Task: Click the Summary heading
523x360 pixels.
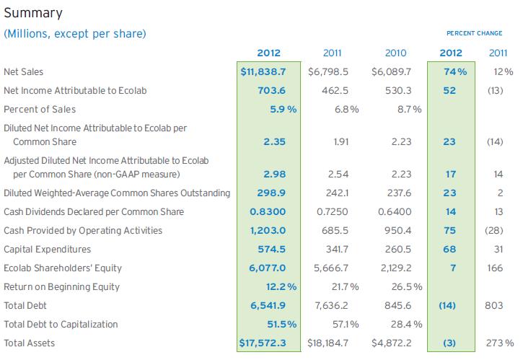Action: point(33,13)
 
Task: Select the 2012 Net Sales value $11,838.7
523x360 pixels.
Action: point(268,72)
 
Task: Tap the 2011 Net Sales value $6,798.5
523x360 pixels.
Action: point(333,72)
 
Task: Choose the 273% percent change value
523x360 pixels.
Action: point(499,343)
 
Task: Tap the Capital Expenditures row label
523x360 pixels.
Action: point(47,250)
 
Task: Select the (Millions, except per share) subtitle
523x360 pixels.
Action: point(75,34)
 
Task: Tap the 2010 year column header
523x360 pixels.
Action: point(395,53)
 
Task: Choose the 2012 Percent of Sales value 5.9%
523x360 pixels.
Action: point(276,110)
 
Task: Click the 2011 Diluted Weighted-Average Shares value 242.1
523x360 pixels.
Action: point(336,193)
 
